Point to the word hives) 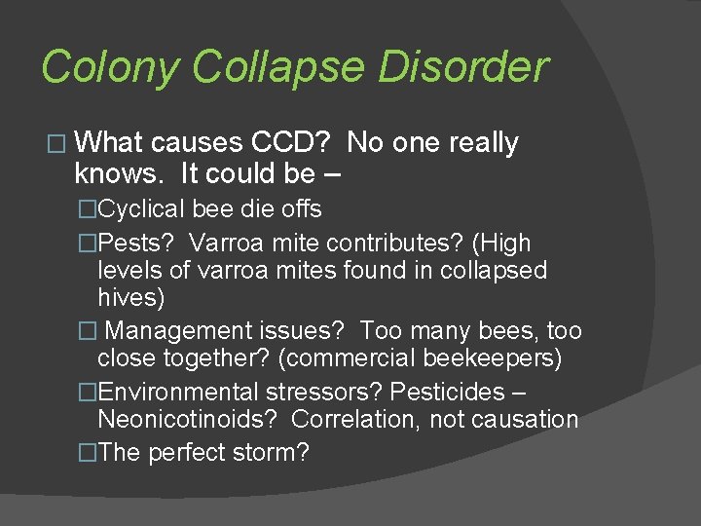coord(132,297)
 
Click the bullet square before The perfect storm coord(87,454)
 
